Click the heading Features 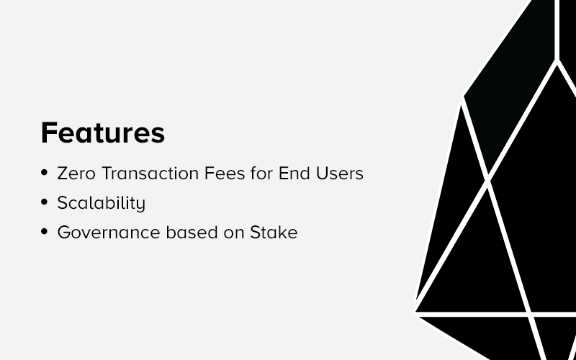[102, 133]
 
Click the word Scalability [102, 204]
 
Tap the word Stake [274, 233]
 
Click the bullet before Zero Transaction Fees [45, 174]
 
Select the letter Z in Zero [63, 174]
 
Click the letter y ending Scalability [141, 205]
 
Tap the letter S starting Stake [255, 233]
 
